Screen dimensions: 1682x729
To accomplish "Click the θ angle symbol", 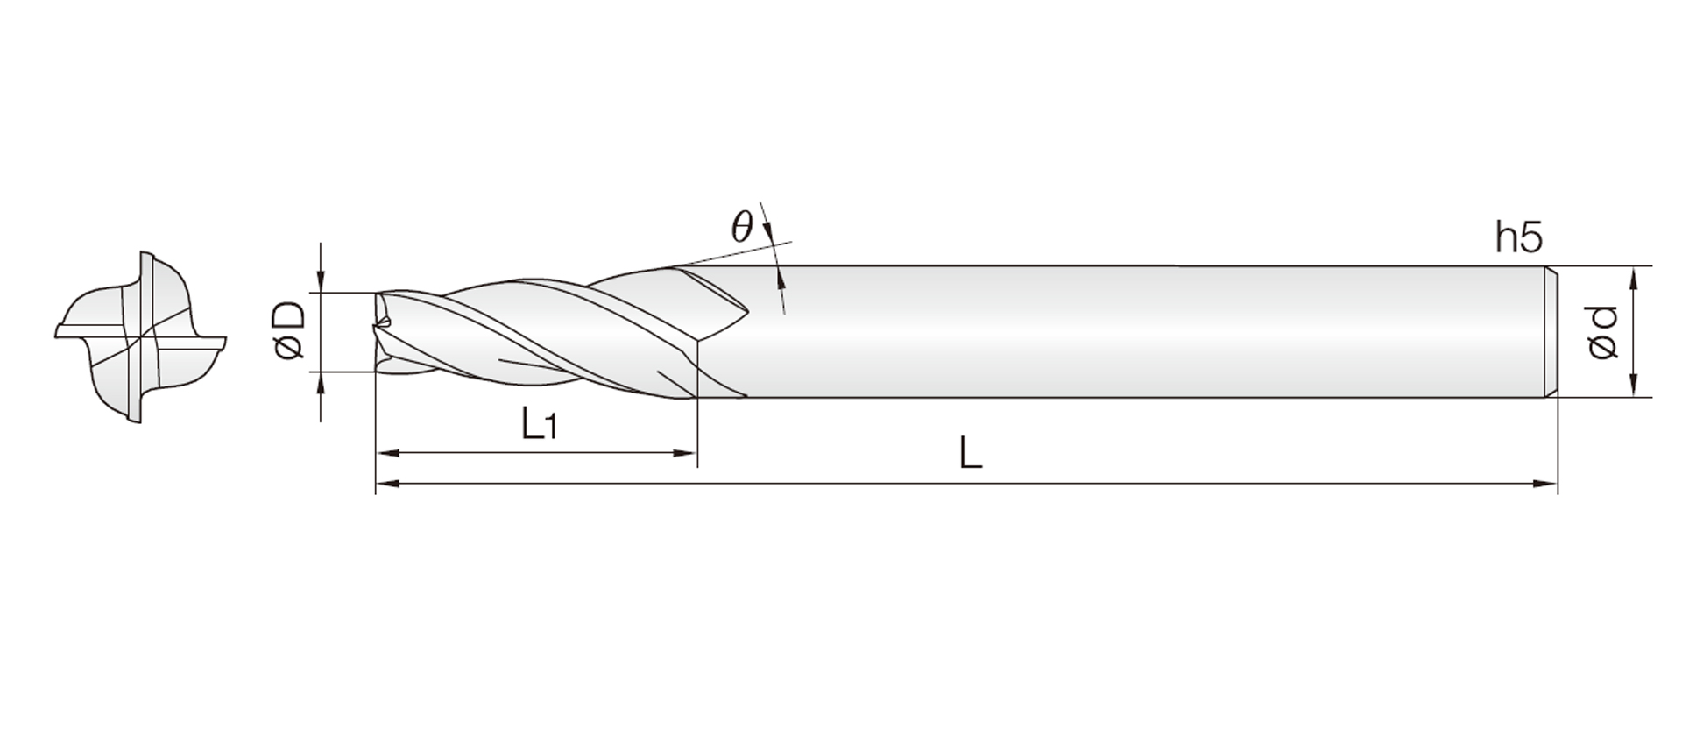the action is click(x=742, y=228).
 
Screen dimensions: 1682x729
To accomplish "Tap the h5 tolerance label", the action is click(x=1519, y=237).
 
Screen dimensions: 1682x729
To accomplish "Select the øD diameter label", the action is click(x=289, y=330).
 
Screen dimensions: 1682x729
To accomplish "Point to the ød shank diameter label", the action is click(x=1602, y=332).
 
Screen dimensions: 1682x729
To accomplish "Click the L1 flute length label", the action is click(x=539, y=425).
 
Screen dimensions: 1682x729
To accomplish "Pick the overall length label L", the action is click(x=970, y=454).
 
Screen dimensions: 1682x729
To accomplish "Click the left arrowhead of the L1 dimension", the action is click(x=387, y=453).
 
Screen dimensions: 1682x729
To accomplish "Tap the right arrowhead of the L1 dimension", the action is click(x=684, y=453).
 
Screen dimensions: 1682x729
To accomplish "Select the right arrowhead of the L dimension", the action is click(x=1545, y=483).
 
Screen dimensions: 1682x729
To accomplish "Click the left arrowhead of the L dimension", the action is click(x=387, y=483).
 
